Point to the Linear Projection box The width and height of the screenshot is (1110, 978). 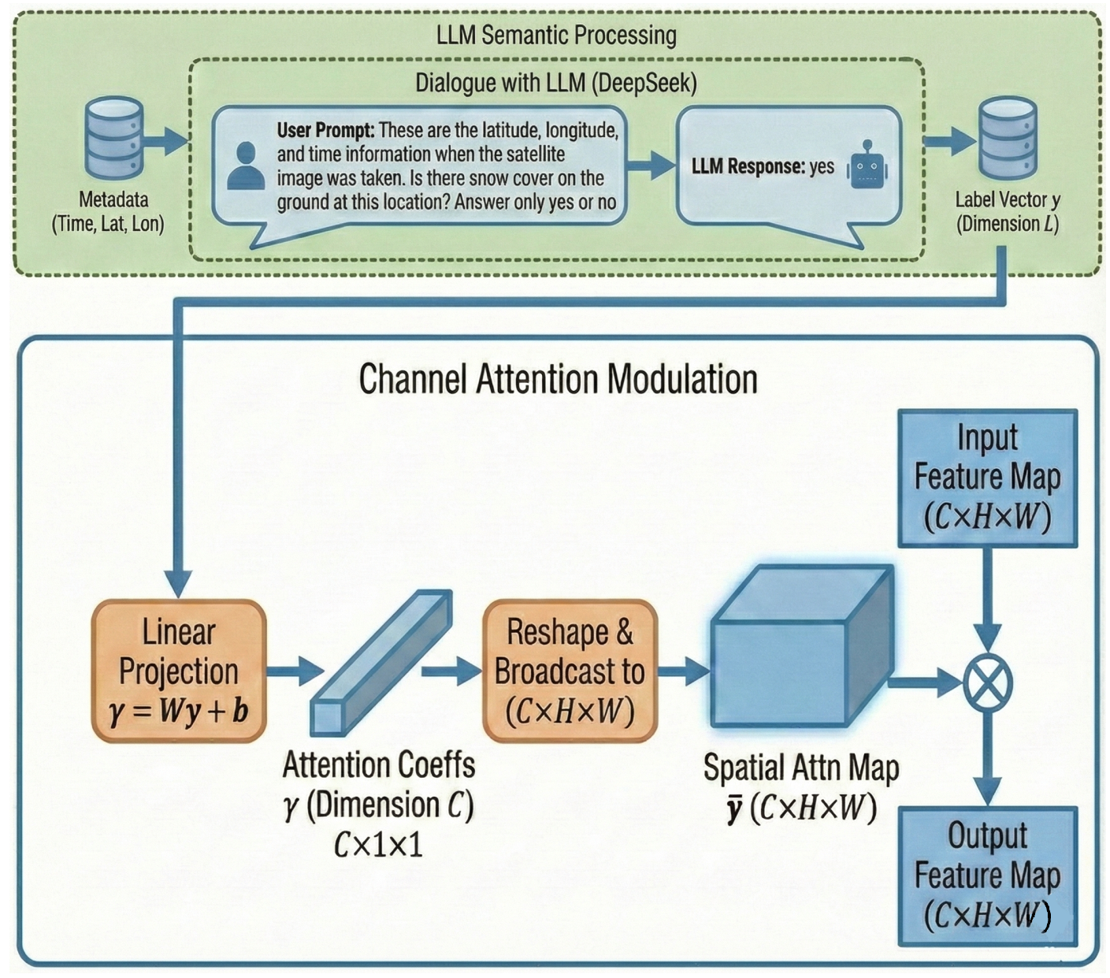click(x=179, y=671)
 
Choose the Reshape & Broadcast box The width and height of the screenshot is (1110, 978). click(x=570, y=671)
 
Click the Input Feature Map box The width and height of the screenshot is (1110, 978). click(x=987, y=478)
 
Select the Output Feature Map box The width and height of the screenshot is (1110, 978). click(x=987, y=876)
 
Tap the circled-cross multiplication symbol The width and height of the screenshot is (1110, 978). click(x=988, y=683)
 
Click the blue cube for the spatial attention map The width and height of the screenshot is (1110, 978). click(x=802, y=647)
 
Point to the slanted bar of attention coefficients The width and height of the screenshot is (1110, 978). click(x=381, y=662)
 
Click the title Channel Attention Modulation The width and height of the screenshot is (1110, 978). click(x=559, y=379)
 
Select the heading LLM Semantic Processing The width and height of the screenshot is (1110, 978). click(x=556, y=35)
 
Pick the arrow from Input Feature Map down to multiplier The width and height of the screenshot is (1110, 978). click(x=987, y=604)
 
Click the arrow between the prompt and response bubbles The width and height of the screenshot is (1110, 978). click(x=651, y=165)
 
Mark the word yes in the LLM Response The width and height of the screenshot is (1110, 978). click(x=822, y=166)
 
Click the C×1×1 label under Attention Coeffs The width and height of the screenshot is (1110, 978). click(x=379, y=845)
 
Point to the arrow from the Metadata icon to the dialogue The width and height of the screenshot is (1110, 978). click(x=167, y=141)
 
